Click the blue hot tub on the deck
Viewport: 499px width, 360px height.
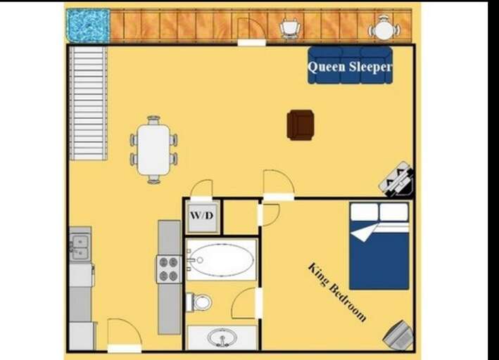pyautogui.click(x=88, y=25)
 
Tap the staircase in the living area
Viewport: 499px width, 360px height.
pyautogui.click(x=88, y=103)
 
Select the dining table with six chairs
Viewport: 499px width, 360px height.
pyautogui.click(x=153, y=150)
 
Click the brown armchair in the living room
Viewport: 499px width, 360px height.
pyautogui.click(x=301, y=124)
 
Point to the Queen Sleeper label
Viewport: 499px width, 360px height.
pyautogui.click(x=350, y=67)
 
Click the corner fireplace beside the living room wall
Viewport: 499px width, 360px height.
pyautogui.click(x=396, y=179)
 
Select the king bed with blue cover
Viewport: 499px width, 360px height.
pyautogui.click(x=379, y=246)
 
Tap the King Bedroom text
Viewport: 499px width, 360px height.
pyautogui.click(x=337, y=292)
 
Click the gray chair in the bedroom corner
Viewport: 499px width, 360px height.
pyautogui.click(x=398, y=335)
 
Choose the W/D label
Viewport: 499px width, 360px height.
pyautogui.click(x=202, y=217)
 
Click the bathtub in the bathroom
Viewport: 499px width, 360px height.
pyautogui.click(x=221, y=260)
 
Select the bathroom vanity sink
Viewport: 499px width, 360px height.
pyautogui.click(x=222, y=337)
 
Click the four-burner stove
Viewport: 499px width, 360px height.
pyautogui.click(x=169, y=269)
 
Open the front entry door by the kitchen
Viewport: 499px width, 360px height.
pyautogui.click(x=124, y=335)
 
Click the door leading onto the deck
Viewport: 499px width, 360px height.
pyautogui.click(x=251, y=32)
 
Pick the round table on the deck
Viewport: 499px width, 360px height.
pyautogui.click(x=384, y=30)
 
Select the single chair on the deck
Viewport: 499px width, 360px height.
pyautogui.click(x=290, y=28)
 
